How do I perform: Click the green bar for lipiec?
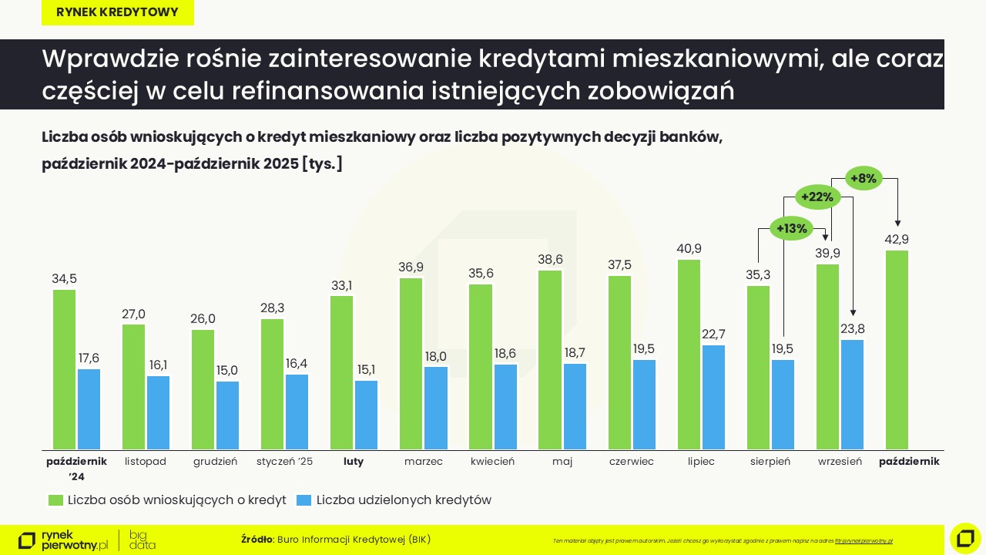click(689, 355)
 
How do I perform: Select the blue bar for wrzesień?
click(852, 395)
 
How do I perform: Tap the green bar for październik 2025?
click(897, 350)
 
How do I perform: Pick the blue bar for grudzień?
click(227, 415)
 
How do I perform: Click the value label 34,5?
click(65, 279)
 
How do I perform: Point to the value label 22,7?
click(713, 334)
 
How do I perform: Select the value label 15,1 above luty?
click(366, 369)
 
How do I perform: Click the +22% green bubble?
click(817, 197)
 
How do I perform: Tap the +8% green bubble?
click(864, 179)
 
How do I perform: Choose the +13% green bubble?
click(791, 228)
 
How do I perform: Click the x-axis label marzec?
click(423, 462)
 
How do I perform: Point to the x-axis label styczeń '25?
click(284, 462)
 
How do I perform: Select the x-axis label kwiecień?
click(492, 462)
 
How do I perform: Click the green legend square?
click(55, 500)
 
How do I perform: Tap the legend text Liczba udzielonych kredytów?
click(404, 500)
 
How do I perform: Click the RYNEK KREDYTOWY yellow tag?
click(117, 12)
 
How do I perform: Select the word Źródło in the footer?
click(257, 539)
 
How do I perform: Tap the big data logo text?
click(142, 540)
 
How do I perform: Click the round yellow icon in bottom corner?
click(965, 538)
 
